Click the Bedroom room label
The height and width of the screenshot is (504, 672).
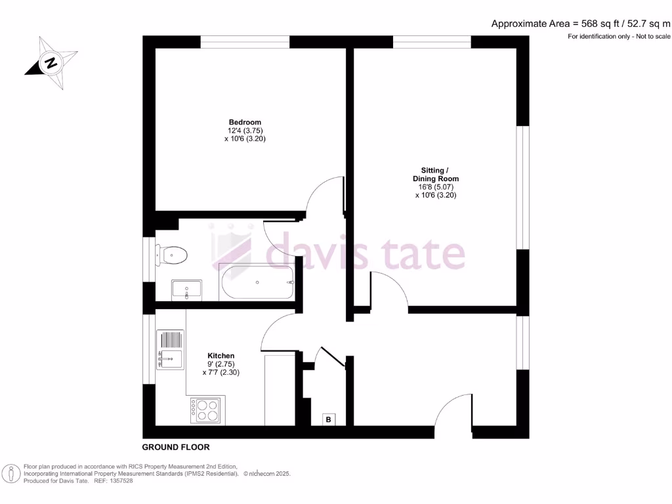tap(245, 122)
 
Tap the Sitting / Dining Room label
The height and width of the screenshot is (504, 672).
tap(435, 174)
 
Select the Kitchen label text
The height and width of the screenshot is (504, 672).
tap(220, 356)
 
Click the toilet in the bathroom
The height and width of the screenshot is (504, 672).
tap(172, 253)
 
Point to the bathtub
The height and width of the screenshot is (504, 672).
tap(257, 283)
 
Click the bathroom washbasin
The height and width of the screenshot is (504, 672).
tap(187, 289)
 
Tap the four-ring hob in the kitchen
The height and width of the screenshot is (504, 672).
tap(207, 410)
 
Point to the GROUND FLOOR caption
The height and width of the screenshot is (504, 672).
tap(176, 447)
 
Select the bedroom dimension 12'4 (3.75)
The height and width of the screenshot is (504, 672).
tap(245, 131)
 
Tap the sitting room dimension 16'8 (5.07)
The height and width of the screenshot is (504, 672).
tap(435, 186)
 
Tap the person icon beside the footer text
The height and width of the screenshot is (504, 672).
tap(12, 473)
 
